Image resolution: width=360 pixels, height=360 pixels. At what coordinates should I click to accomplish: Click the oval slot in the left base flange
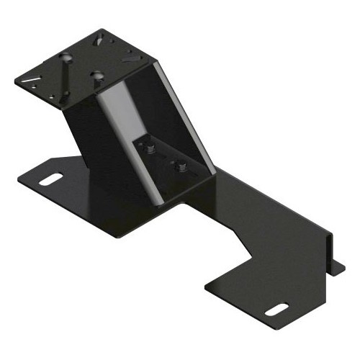[x=49, y=178]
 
